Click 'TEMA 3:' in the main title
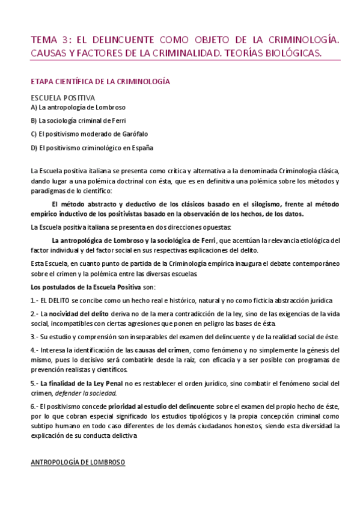pos(49,40)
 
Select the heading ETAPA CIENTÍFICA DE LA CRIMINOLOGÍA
pos(100,81)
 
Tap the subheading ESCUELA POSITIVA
pos(63,97)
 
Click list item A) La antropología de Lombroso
pos(70,107)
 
